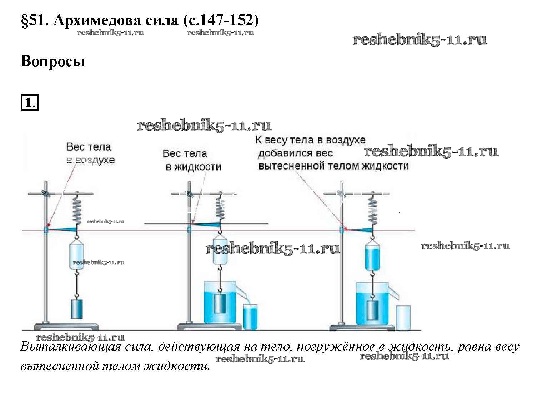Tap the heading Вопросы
point(53,61)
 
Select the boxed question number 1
point(29,103)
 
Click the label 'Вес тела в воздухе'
point(90,153)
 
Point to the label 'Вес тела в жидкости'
point(192,160)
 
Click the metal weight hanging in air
point(77,309)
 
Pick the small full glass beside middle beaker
point(250,317)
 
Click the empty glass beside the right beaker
point(403,317)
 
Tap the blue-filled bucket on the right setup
point(372,256)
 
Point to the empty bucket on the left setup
point(77,255)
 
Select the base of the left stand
point(66,326)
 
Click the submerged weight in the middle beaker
point(220,304)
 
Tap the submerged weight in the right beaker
point(373,310)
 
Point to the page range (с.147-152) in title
point(220,21)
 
